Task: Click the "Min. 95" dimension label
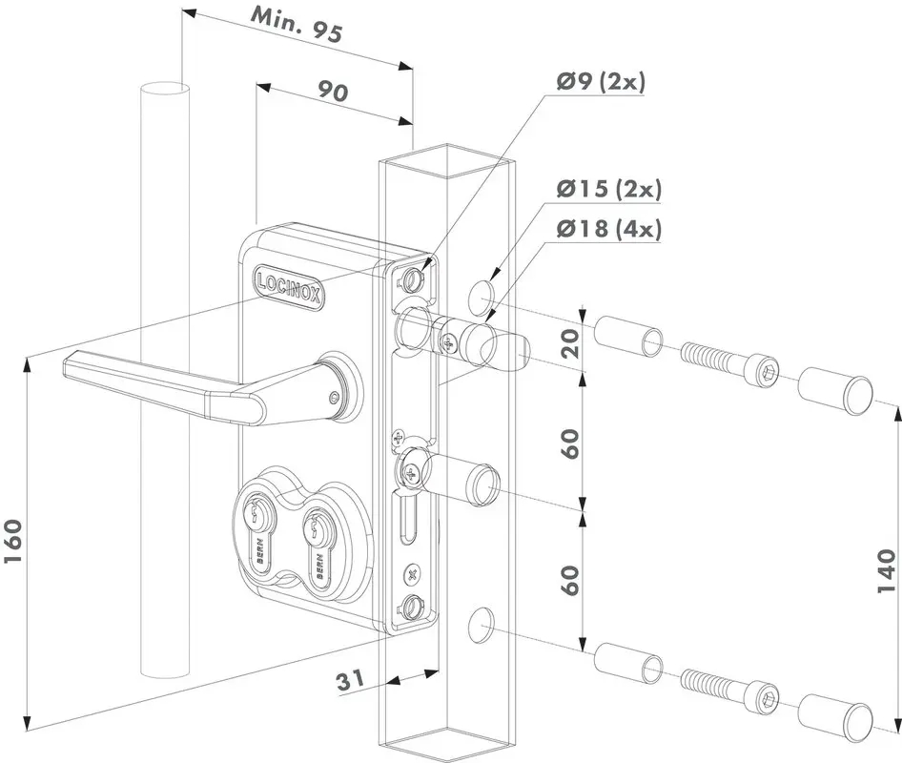click(297, 27)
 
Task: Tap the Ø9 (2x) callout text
click(601, 82)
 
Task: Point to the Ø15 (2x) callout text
click(608, 189)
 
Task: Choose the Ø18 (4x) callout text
click(608, 229)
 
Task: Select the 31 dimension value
click(351, 680)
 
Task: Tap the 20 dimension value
click(570, 344)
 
